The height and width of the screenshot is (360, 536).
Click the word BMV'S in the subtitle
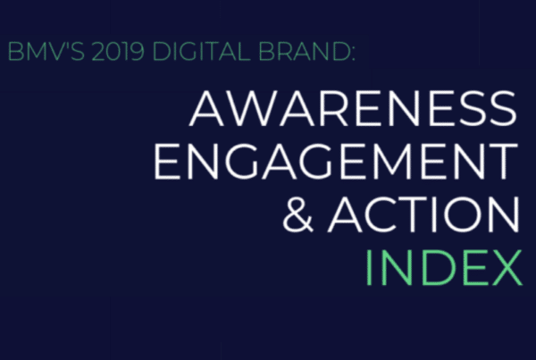46,52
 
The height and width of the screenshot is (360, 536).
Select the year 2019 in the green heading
118,52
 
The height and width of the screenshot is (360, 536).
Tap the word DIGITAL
202,52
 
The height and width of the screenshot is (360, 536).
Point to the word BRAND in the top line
303,52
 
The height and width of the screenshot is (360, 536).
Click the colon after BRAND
353,54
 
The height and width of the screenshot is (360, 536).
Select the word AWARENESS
353,108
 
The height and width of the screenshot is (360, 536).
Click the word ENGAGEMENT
336,161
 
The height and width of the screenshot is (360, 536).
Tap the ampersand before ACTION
298,214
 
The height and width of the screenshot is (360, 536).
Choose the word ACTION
423,214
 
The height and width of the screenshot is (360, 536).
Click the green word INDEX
444,267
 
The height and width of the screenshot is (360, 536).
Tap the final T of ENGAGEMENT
503,161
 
